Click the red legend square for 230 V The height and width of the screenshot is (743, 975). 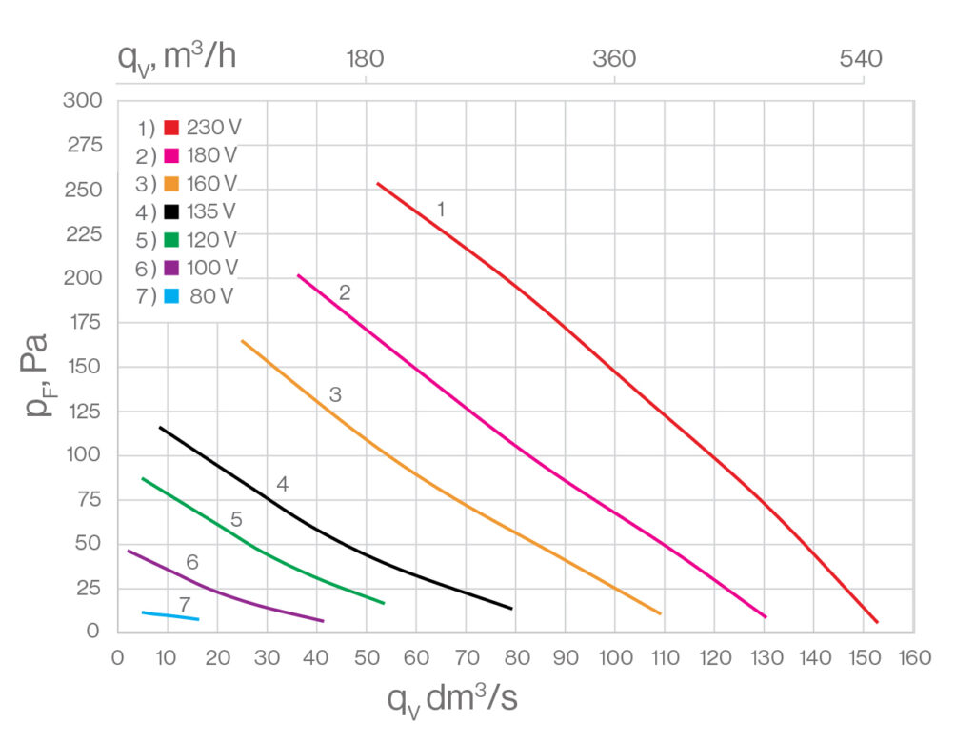172,128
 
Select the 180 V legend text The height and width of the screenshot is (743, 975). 212,155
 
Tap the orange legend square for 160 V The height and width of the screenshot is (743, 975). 172,184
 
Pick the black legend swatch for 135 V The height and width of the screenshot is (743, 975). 172,211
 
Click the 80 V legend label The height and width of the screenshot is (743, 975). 212,295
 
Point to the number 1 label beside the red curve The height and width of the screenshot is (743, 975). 441,210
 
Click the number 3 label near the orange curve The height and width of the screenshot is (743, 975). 335,393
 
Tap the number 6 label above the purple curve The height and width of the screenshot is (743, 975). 192,563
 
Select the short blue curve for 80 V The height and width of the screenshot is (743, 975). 171,615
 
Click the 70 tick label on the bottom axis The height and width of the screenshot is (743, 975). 466,657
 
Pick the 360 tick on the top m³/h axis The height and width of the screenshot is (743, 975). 614,59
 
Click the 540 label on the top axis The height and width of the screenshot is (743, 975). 863,59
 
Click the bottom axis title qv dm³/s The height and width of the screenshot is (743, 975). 452,699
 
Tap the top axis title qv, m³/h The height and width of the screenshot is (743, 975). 177,57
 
